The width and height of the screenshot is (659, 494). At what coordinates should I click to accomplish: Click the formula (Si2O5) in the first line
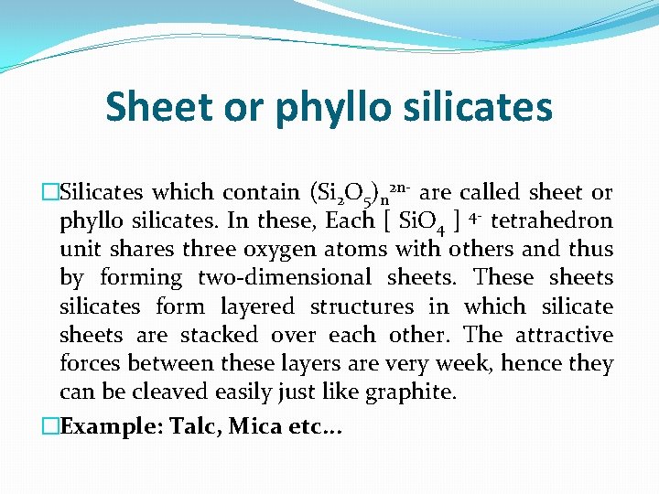[x=340, y=194]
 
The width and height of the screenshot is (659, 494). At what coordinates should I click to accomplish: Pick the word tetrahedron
[x=552, y=220]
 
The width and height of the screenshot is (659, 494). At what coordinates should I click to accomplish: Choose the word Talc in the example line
[x=192, y=425]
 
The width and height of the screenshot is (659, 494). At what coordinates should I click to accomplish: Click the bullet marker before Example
[x=50, y=425]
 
